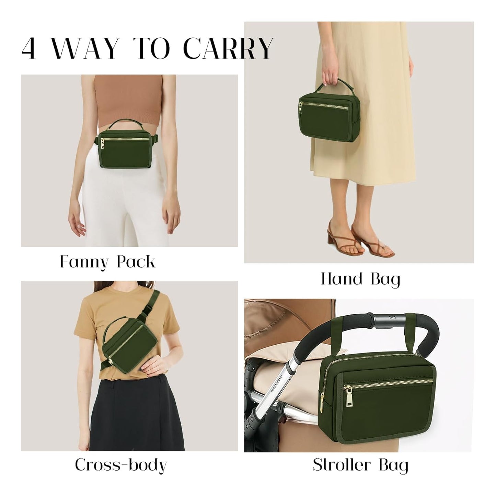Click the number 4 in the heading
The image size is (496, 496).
click(29, 49)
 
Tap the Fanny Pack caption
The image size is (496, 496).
click(107, 262)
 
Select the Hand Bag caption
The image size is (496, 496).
click(361, 279)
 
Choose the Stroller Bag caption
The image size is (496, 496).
click(361, 465)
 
